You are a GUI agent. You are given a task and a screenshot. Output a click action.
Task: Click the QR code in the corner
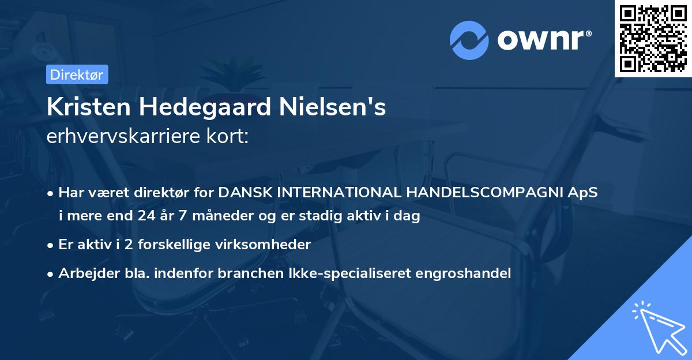coord(653,38)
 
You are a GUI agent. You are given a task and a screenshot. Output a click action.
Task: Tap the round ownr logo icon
coord(469,40)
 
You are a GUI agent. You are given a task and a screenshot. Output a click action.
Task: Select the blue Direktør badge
coord(77,74)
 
